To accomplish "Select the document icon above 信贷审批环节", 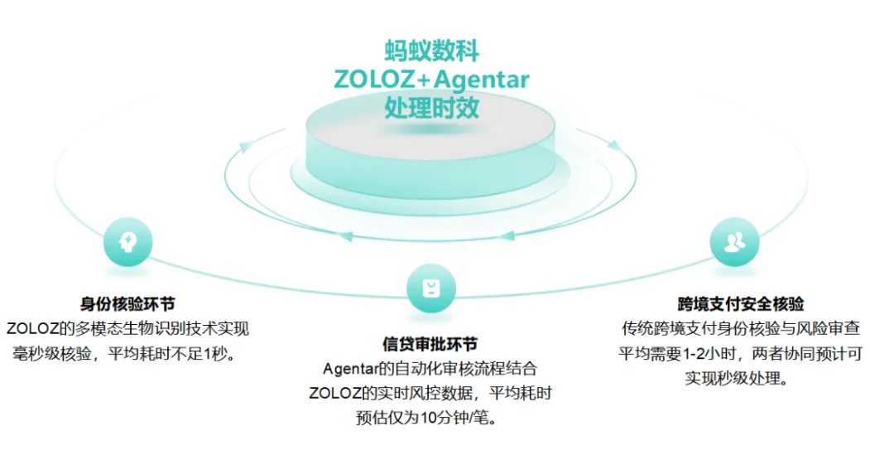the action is (x=430, y=287).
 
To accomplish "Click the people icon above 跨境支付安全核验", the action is (x=733, y=241).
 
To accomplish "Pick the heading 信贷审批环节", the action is (x=430, y=343).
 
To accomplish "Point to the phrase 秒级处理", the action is (x=736, y=380).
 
